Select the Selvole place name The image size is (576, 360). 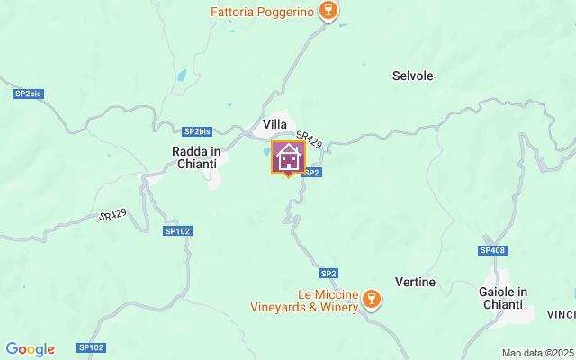(x=413, y=76)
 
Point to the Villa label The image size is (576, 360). (x=275, y=124)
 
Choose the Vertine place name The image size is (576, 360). (x=415, y=282)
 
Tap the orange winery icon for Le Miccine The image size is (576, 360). (x=373, y=297)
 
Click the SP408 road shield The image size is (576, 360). (x=493, y=250)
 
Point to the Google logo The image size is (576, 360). (x=30, y=349)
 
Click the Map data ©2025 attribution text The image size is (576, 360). (x=537, y=353)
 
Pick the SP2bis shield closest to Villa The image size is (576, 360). (x=196, y=130)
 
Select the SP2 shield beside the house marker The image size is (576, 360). (x=311, y=171)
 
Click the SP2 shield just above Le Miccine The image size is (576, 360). (x=328, y=273)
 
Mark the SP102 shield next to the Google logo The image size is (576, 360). (x=91, y=347)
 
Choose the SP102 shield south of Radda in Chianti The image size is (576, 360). (x=178, y=230)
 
